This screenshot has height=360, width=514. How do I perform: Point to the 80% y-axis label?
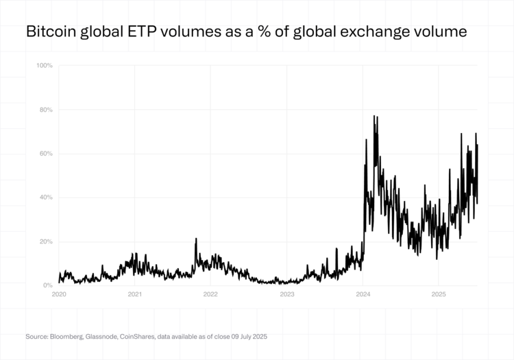(x=46, y=110)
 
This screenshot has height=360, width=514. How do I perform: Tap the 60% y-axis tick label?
(x=46, y=154)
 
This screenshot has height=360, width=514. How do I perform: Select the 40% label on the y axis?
(x=46, y=197)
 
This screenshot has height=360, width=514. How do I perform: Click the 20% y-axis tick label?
(x=46, y=241)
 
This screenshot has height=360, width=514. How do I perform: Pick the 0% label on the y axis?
(x=48, y=285)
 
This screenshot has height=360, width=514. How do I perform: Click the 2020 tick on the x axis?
(x=59, y=294)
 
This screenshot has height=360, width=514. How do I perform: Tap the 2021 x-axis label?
(x=135, y=294)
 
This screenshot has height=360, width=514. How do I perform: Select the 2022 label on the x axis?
(x=210, y=294)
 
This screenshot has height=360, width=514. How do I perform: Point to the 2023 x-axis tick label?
(x=287, y=294)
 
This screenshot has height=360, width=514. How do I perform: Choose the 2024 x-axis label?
(x=363, y=294)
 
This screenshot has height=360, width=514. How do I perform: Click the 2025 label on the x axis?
(x=439, y=294)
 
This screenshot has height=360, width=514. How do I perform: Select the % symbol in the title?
(x=280, y=32)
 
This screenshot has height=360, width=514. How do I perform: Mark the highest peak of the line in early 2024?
(x=374, y=117)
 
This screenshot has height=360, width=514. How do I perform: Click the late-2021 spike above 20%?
(x=196, y=239)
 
